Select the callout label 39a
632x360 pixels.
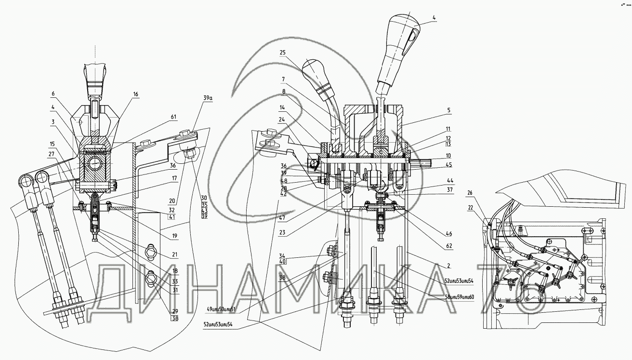[x=208, y=98]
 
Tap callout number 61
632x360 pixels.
[x=173, y=117]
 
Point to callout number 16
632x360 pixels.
[x=136, y=95]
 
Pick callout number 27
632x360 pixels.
[x=52, y=155]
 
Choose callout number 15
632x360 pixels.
[x=52, y=144]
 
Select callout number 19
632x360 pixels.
[x=174, y=236]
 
